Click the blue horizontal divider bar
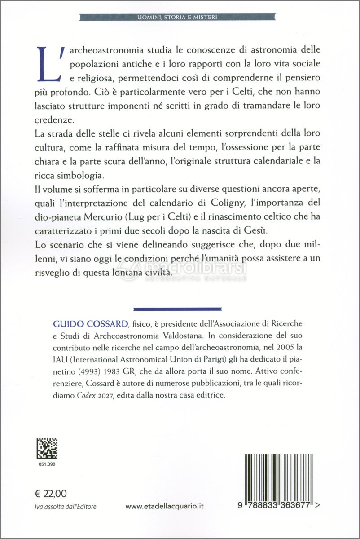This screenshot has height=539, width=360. (x=178, y=309)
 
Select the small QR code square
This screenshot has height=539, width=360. (x=47, y=449)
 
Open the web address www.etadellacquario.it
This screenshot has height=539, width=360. (x=165, y=506)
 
